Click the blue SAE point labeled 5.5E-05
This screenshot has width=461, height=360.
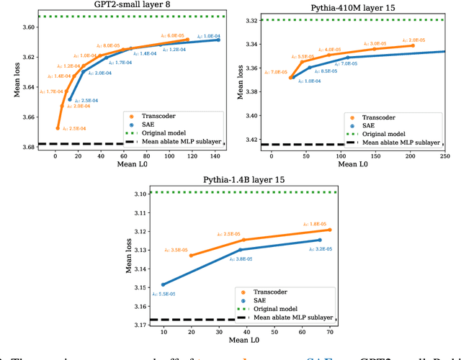point(163,284)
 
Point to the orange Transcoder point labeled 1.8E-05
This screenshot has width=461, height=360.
point(330,230)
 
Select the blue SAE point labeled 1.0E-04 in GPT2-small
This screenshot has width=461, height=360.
point(218,40)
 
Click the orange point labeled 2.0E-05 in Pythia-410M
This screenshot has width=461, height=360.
point(413,45)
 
